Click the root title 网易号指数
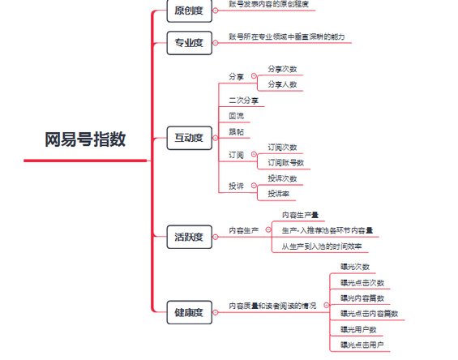[x=85, y=139]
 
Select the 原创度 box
[x=189, y=11]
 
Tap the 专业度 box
[x=189, y=43]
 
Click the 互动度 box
[x=189, y=138]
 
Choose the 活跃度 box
[x=189, y=237]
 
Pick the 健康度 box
[x=189, y=312]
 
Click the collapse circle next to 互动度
[x=216, y=138]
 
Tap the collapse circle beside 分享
[x=254, y=76]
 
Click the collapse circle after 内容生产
[x=268, y=230]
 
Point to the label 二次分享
[x=244, y=101]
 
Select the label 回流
[x=237, y=116]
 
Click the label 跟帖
[x=237, y=132]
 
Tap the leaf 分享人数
[x=282, y=85]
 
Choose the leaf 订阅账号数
[x=286, y=163]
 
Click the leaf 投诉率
[x=279, y=194]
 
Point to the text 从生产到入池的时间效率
[x=322, y=246]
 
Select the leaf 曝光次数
[x=355, y=267]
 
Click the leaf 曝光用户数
[x=358, y=330]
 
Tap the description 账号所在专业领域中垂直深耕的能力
[x=287, y=36]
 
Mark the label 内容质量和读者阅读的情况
[x=272, y=306]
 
